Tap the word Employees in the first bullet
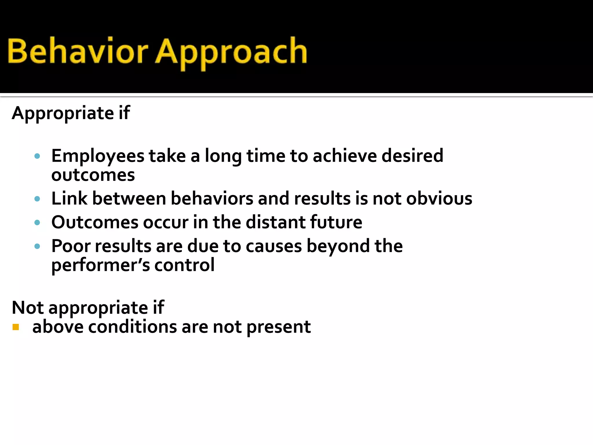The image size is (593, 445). (98, 156)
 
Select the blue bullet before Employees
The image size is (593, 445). (37, 156)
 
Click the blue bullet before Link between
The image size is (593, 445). (37, 199)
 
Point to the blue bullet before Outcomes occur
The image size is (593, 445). (37, 222)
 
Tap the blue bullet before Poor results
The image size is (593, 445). (37, 246)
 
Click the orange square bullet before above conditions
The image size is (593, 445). (16, 327)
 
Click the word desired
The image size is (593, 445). (412, 156)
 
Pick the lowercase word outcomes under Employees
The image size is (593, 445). (93, 176)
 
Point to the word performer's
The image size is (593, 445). (100, 265)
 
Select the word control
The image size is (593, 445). (184, 265)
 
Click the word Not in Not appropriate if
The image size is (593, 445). (28, 307)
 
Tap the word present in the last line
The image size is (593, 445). (279, 327)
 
